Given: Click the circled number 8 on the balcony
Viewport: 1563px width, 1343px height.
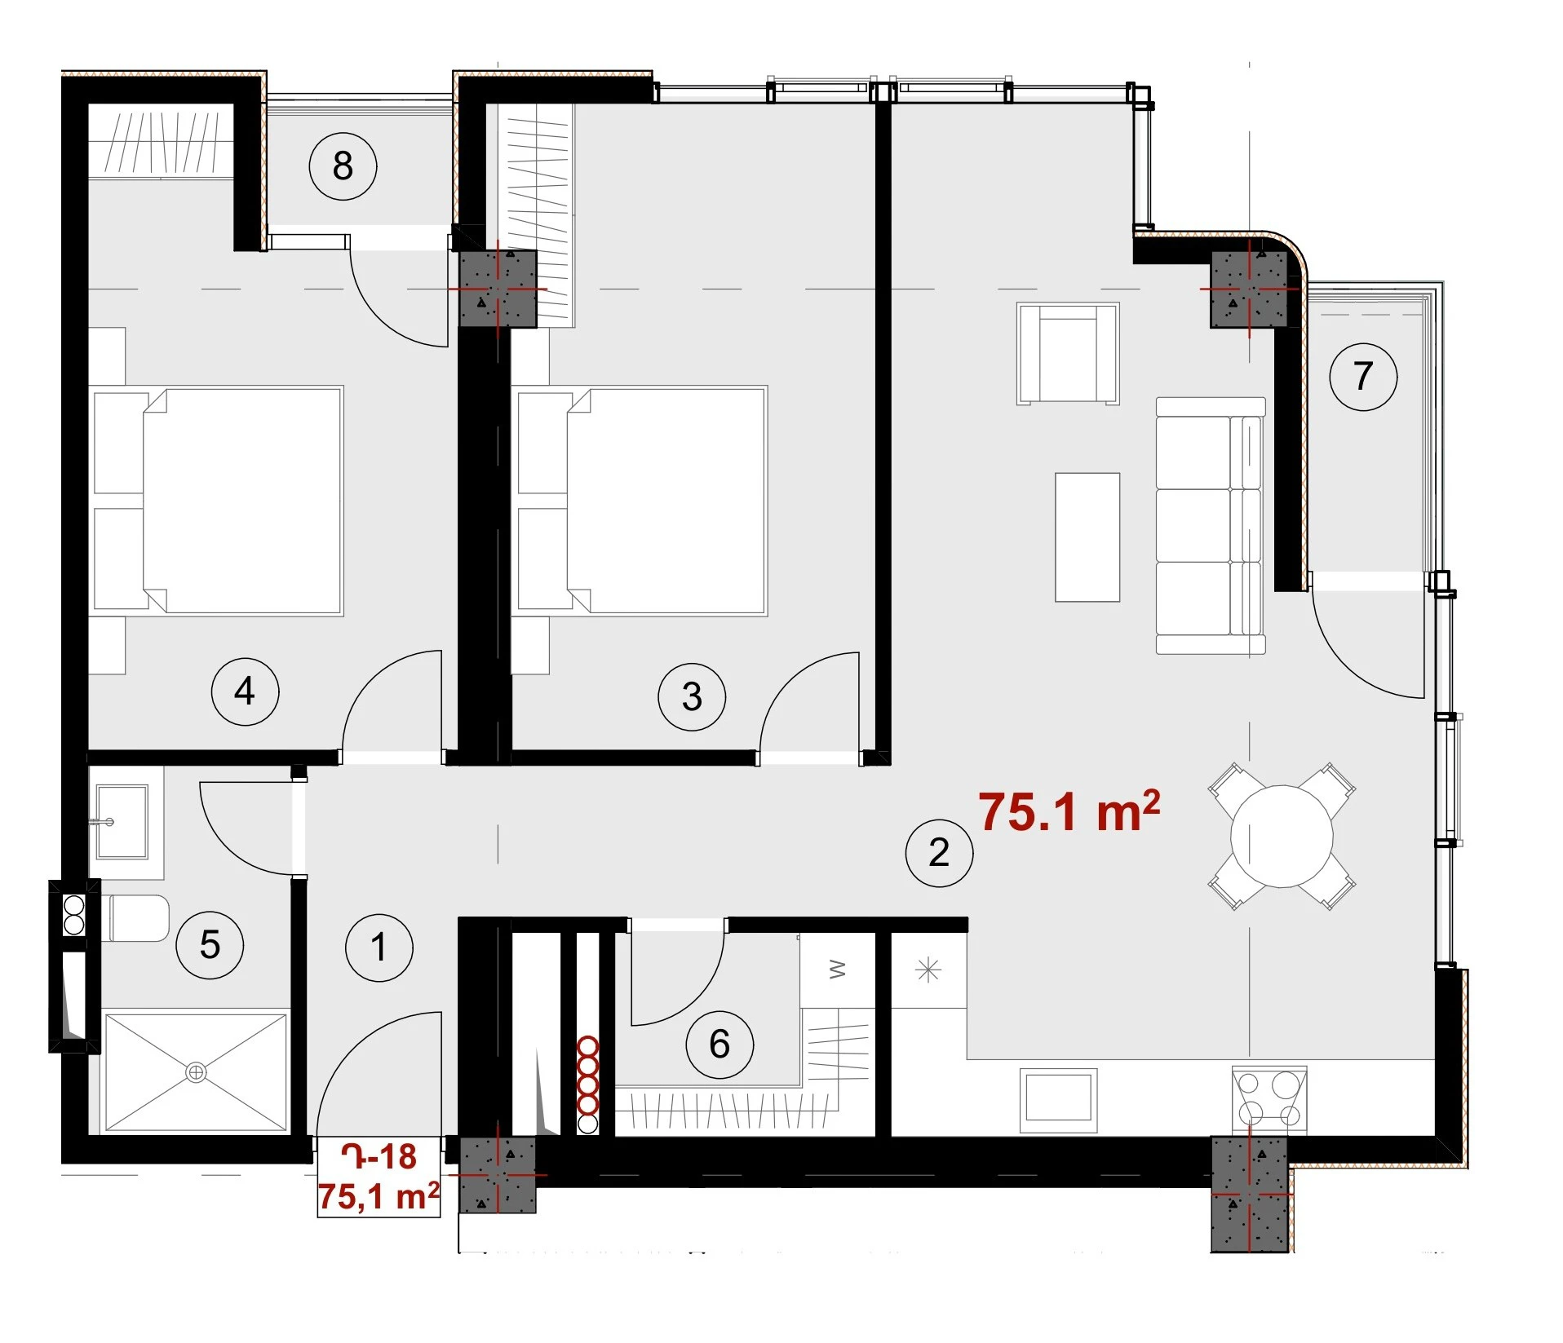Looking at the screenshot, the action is pyautogui.click(x=343, y=166).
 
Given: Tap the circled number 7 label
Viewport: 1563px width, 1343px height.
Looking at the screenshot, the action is pyautogui.click(x=1363, y=376).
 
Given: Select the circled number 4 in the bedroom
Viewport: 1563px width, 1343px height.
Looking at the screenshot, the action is pyautogui.click(x=245, y=691).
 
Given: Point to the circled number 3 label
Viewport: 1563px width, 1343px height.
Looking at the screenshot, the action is pyautogui.click(x=692, y=696).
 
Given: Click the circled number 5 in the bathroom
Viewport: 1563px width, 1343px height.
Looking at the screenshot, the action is pyautogui.click(x=210, y=944).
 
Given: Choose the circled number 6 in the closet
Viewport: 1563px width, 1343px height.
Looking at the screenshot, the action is pyautogui.click(x=720, y=1044).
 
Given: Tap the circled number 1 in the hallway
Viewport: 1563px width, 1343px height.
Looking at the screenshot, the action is pyautogui.click(x=379, y=947).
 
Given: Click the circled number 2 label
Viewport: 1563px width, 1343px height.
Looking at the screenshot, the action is pyautogui.click(x=939, y=852).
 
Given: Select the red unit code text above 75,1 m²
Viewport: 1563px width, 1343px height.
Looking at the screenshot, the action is pyautogui.click(x=379, y=1156).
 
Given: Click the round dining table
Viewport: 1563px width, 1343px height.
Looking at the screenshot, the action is pyautogui.click(x=1282, y=836).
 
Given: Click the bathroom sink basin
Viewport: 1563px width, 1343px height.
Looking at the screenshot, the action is pyautogui.click(x=122, y=821).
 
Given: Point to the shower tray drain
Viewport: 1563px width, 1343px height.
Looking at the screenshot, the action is pyautogui.click(x=196, y=1072).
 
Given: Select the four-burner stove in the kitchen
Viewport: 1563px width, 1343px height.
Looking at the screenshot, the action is pyautogui.click(x=1269, y=1099).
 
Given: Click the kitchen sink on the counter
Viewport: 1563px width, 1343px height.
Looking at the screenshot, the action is pyautogui.click(x=1058, y=1097).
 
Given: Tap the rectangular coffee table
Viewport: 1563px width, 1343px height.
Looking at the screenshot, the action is pyautogui.click(x=1087, y=537).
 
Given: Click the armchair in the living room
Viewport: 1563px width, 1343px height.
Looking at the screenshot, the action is pyautogui.click(x=1068, y=353).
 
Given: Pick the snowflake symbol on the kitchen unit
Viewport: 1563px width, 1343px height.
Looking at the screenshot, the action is pyautogui.click(x=928, y=970).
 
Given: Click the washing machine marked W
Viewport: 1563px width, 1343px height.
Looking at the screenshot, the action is pyautogui.click(x=838, y=970).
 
